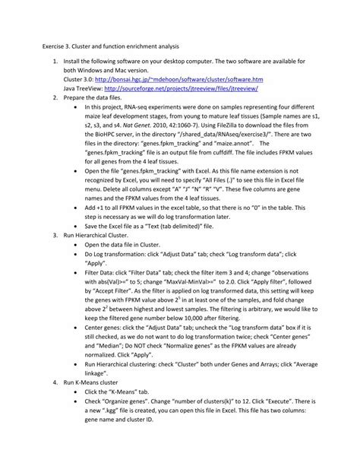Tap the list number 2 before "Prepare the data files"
[x=55, y=98]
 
